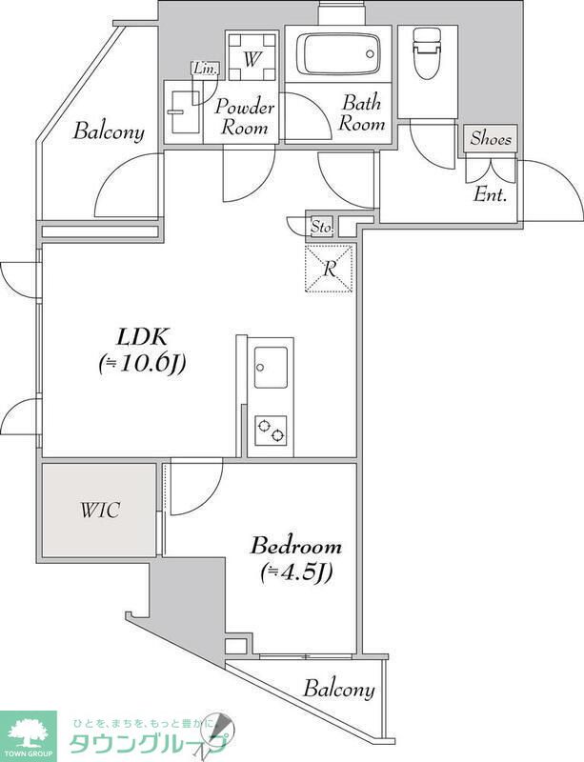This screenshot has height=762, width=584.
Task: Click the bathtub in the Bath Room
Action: pos(338,53)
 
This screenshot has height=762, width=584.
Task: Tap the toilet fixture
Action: pos(427,52)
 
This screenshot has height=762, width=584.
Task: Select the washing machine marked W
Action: pos(251,56)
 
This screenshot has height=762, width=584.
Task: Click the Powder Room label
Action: pos(245,117)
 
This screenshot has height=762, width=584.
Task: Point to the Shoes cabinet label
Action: pos(491,139)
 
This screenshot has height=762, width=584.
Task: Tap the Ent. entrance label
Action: pos(490,195)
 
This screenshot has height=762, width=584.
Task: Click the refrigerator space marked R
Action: pos(329,269)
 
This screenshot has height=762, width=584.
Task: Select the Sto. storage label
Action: pos(322,227)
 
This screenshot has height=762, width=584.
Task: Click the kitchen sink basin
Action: pos(271,368)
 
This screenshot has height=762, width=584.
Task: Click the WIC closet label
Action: pos(100,511)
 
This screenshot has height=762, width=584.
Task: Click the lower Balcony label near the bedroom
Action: pos(339,689)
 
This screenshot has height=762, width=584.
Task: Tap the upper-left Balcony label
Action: pos(109,131)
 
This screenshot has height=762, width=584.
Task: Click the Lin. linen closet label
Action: pos(205,69)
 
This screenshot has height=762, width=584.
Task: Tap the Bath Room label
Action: pos(362,112)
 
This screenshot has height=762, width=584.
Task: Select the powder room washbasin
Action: pos(182,111)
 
